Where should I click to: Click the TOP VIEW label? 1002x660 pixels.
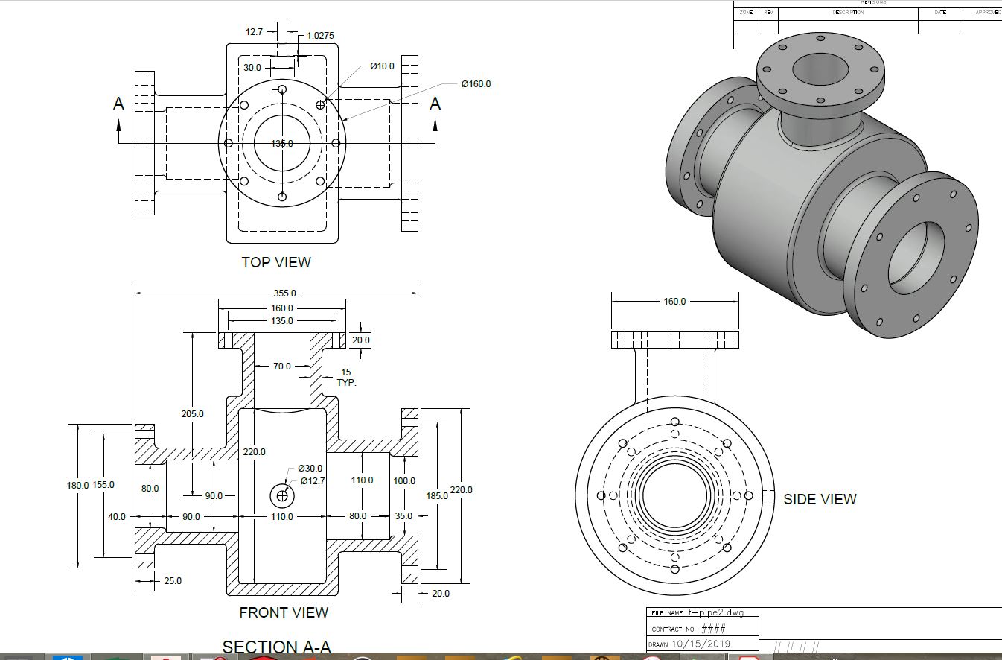[x=276, y=262]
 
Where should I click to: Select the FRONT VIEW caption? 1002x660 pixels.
[x=284, y=612]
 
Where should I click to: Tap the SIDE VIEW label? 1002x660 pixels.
[x=820, y=499]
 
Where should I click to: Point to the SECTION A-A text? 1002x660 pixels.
[x=276, y=647]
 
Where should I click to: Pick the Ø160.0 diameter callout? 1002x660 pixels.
[x=476, y=83]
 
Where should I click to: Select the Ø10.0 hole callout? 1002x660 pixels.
[x=382, y=66]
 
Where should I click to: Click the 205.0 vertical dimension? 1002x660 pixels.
[x=192, y=413]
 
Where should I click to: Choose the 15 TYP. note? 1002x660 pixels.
[x=347, y=377]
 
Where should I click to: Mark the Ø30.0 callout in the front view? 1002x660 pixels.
[x=310, y=469]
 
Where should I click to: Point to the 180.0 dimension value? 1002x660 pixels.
[x=77, y=485]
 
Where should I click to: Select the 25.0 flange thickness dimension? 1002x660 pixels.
[x=172, y=581]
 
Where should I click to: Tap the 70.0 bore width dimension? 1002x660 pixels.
[x=282, y=367]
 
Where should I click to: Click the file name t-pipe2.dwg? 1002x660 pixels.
[x=715, y=613]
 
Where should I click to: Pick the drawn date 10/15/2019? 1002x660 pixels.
[x=701, y=644]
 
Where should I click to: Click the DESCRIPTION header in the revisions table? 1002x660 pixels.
[x=848, y=13]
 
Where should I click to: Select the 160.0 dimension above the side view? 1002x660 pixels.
[x=674, y=302]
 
